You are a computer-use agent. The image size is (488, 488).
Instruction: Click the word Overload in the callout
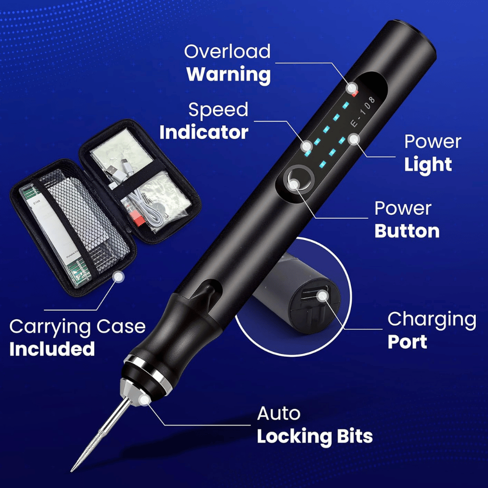click(x=227, y=52)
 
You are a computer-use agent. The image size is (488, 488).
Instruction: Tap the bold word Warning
click(x=228, y=75)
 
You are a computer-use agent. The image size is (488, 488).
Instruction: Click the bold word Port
click(x=407, y=342)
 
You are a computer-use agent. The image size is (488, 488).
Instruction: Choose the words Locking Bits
click(x=315, y=436)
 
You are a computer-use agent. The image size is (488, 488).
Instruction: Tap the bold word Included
click(x=52, y=349)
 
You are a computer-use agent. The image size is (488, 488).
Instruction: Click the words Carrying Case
click(x=77, y=326)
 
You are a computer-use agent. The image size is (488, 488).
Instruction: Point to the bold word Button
click(x=407, y=231)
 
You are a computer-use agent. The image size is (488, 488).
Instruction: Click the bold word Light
click(x=428, y=165)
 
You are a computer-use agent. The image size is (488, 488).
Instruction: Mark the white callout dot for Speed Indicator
click(x=306, y=146)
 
